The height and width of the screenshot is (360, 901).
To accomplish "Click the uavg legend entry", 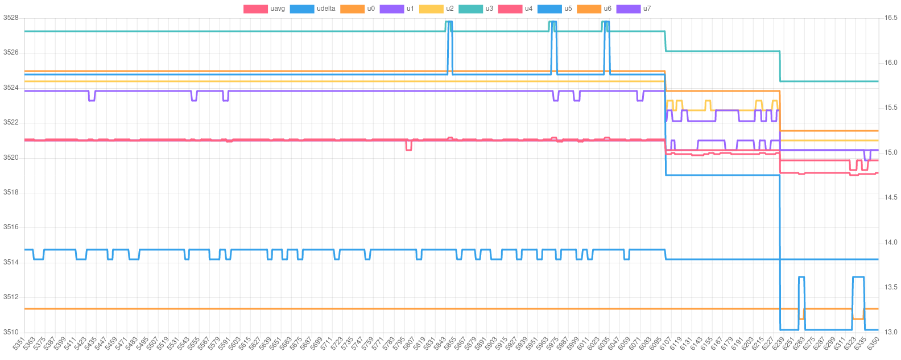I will click(278, 9).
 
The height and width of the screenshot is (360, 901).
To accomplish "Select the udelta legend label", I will click(326, 9).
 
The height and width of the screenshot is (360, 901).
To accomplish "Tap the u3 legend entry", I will click(489, 9).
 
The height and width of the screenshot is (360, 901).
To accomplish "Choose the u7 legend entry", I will click(647, 9).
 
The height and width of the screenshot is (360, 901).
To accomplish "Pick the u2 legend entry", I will click(450, 9).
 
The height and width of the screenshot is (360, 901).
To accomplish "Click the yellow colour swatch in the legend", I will click(431, 9).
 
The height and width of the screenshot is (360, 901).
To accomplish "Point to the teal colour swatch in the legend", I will click(470, 9).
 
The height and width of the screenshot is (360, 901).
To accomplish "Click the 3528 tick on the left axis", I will click(11, 18).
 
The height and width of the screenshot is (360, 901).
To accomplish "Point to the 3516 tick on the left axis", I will click(11, 227).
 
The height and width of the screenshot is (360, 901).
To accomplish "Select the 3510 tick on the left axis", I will click(11, 332).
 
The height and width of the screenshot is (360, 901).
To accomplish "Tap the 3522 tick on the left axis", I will click(11, 122).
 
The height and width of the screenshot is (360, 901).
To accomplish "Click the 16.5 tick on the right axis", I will click(891, 18).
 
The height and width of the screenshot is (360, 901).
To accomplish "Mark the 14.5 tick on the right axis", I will click(891, 197).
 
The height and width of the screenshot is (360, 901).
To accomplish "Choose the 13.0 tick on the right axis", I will click(891, 332).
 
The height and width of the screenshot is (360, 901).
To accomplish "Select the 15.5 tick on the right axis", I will click(891, 107).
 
